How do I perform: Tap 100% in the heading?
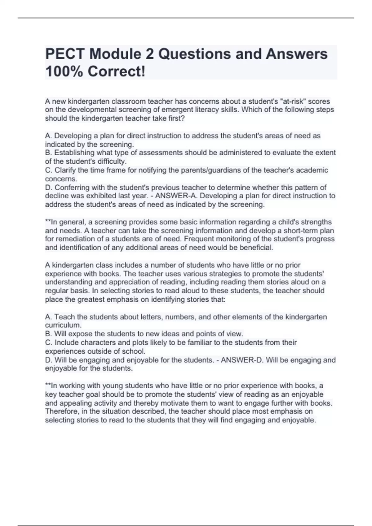coord(64,72)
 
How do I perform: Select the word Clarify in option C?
coord(64,170)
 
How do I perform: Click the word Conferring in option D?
coord(70,188)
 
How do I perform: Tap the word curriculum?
coord(63,325)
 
